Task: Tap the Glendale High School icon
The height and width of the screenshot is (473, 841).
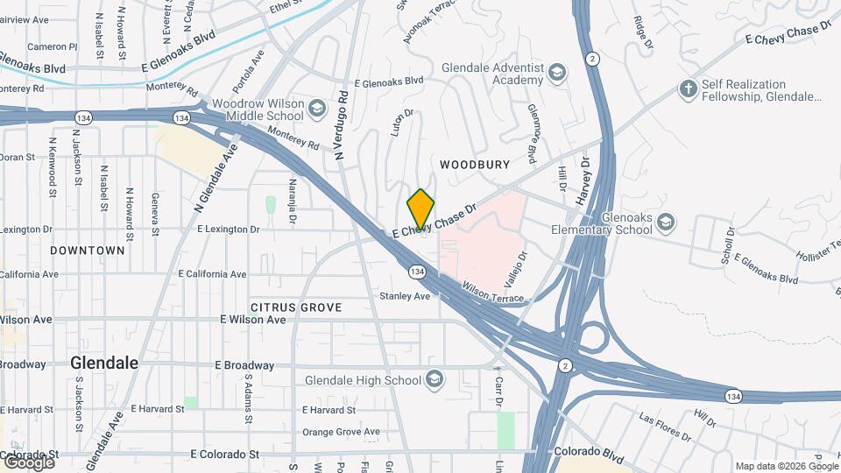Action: [x=433, y=380]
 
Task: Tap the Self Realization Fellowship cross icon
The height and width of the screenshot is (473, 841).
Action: [x=688, y=89]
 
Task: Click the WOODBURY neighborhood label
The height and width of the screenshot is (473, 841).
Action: [x=475, y=165]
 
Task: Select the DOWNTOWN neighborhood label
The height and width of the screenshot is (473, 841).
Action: [x=87, y=251]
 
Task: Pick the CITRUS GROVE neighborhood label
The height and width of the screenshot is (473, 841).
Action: [x=295, y=307]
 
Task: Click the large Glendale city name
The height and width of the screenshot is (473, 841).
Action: [x=104, y=363]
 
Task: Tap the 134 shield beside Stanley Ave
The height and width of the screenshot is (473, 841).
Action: [x=417, y=272]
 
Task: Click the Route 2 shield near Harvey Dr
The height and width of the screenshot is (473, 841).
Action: [x=594, y=59]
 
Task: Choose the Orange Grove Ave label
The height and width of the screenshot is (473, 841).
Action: [x=341, y=432]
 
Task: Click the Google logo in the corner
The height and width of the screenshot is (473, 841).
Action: [x=27, y=462]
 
